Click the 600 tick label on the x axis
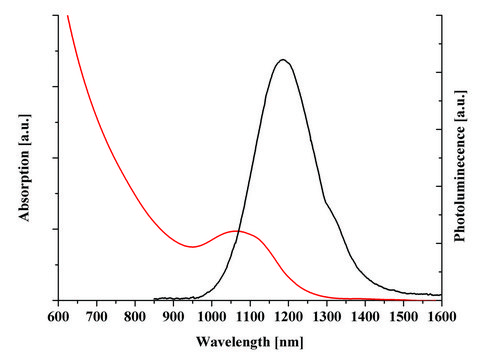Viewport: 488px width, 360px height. [x=58, y=316]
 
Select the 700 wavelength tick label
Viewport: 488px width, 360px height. [x=96, y=316]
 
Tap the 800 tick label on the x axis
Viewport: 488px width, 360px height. [x=134, y=316]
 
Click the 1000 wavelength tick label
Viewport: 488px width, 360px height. [x=211, y=316]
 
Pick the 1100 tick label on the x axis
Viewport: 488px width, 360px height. [x=249, y=316]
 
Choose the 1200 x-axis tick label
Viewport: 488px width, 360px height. [x=288, y=316]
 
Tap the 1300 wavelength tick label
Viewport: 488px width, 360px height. [x=326, y=316]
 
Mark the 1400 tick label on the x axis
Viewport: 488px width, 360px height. [x=364, y=316]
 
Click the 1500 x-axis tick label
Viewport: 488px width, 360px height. [x=402, y=316]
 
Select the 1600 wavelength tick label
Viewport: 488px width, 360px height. [x=441, y=316]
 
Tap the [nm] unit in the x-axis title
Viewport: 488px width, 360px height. [x=284, y=341]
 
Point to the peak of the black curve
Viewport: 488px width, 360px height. [x=284, y=60]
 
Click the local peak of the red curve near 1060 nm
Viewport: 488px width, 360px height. [x=236, y=231]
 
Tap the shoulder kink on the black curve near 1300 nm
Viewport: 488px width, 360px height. [x=326, y=204]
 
